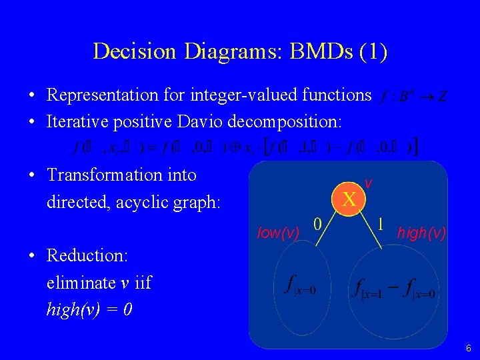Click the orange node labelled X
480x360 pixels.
point(349,199)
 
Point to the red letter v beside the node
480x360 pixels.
point(368,183)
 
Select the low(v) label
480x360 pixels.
point(278,232)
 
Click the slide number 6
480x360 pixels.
point(469,348)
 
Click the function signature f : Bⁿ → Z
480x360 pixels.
point(413,97)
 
